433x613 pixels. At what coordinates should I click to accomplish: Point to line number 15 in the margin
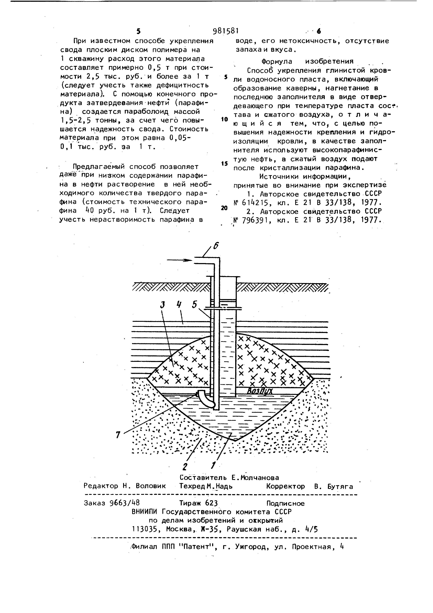point(225,164)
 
